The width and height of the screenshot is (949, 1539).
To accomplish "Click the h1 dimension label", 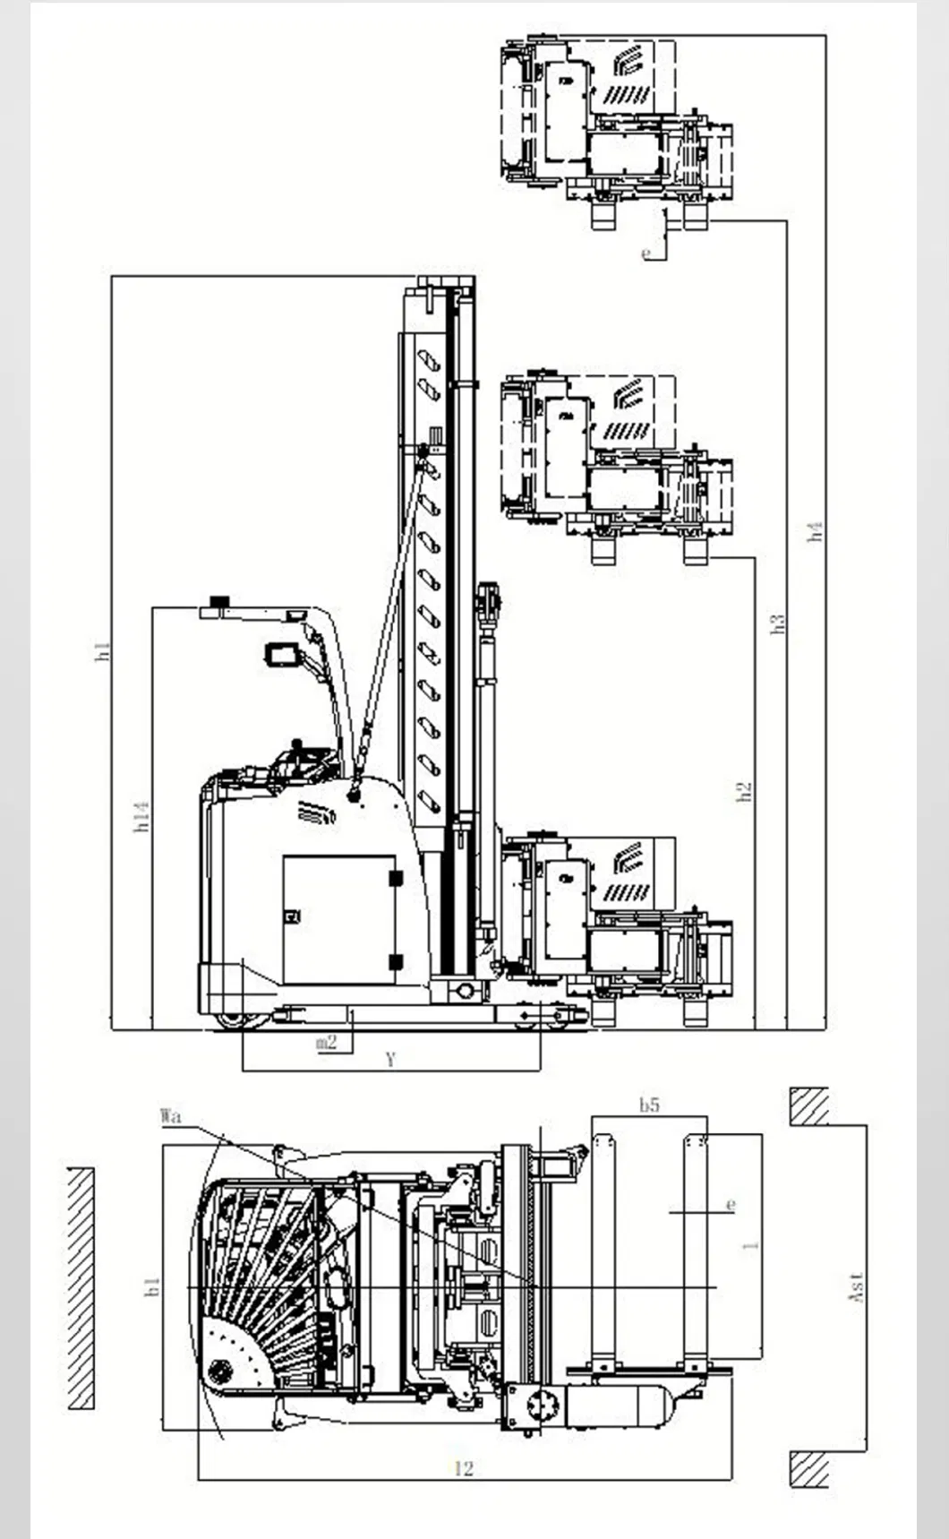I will (x=103, y=651).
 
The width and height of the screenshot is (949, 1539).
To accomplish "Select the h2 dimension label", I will (x=744, y=792).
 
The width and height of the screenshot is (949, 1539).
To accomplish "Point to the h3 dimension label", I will (x=778, y=624).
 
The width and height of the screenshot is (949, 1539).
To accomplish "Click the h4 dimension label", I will (x=815, y=531).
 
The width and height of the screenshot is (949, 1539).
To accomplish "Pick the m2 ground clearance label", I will (x=327, y=1042).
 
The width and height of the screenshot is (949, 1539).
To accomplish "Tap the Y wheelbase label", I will (x=390, y=1061).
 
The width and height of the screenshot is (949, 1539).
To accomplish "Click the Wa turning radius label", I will (x=170, y=1116).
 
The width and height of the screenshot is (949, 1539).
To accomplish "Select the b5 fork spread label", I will (x=649, y=1105).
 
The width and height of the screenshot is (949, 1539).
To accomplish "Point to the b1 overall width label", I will (x=153, y=1287).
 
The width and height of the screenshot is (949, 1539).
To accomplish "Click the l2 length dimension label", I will (x=463, y=1467).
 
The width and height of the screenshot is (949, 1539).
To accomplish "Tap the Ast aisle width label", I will (x=856, y=1286).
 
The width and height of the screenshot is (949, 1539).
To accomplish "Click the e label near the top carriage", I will (x=647, y=254).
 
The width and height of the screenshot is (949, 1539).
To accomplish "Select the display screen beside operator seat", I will (x=283, y=654).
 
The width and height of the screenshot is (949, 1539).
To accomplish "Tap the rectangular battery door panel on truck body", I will (x=339, y=919).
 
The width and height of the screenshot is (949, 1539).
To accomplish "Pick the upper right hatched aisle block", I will (x=809, y=1106).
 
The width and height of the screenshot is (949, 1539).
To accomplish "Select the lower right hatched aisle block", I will (x=809, y=1469).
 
